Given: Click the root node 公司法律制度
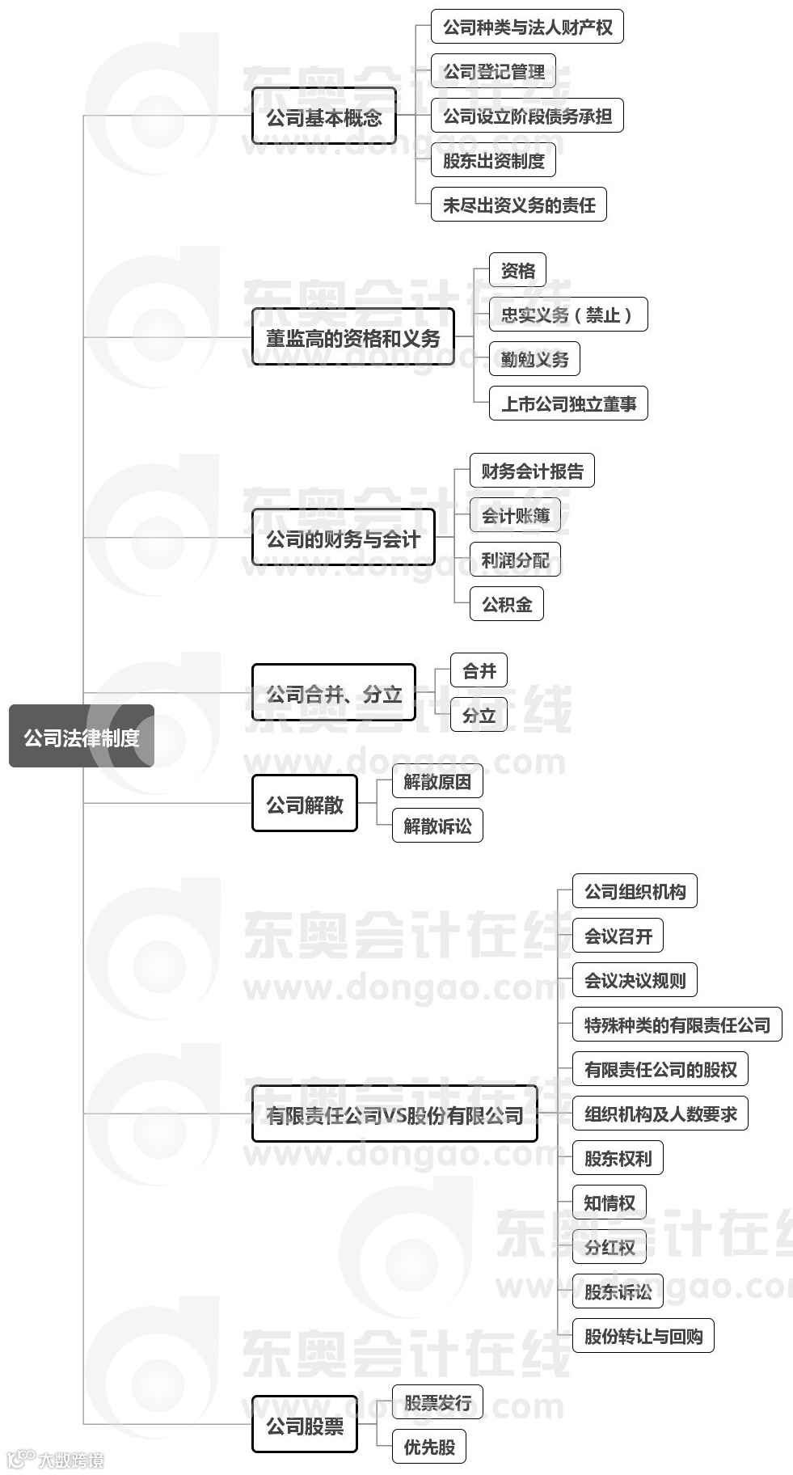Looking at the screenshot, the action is point(81,737).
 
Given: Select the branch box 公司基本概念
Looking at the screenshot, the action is point(324,117).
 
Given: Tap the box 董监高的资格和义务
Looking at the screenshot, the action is point(352,337).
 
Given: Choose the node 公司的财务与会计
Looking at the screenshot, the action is point(343,538).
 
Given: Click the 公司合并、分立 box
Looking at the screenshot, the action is point(333,693).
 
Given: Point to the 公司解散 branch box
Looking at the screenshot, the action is point(305,804).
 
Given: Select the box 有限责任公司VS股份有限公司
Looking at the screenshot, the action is point(394,1114).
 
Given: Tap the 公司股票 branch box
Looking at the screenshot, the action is point(305,1425).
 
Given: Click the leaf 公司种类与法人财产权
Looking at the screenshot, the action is point(527,27).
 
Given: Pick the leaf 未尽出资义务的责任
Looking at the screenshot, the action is point(518,205).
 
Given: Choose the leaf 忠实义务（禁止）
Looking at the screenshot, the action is point(568,315).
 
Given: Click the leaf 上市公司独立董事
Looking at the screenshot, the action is point(568,404).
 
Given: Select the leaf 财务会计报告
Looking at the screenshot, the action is point(532,471).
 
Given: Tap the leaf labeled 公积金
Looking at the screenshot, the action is point(507,604).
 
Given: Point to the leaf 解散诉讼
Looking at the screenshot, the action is point(437,826).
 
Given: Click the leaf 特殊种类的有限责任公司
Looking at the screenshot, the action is point(677,1025).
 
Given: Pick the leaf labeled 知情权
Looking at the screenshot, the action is point(610,1202).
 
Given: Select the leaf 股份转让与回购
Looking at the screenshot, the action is point(643,1336).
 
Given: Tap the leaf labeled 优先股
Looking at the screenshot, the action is point(429,1447).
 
